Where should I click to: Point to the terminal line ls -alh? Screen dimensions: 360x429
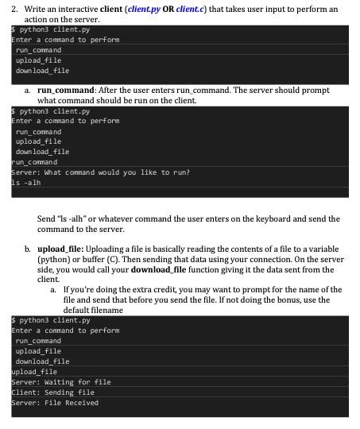(25, 182)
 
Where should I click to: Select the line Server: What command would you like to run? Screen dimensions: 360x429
(100, 172)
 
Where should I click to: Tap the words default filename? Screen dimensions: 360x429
(91, 310)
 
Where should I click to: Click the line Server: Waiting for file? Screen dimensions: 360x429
(60, 382)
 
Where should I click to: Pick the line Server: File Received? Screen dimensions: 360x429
(55, 403)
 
